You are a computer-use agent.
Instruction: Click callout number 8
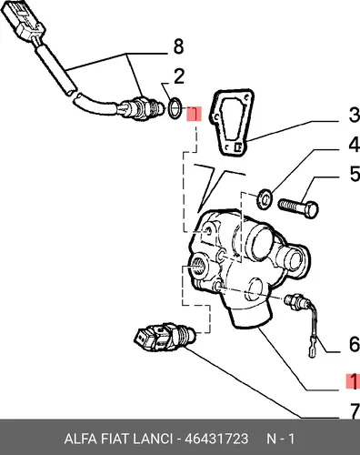[178, 47]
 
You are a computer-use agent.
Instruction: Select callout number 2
[179, 76]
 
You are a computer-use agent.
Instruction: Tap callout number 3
[354, 115]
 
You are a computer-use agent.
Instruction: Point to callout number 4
[354, 145]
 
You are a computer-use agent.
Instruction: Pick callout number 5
[355, 174]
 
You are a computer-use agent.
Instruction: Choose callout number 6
[354, 344]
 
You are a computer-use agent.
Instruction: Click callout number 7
[354, 411]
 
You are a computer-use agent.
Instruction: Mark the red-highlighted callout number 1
[353, 381]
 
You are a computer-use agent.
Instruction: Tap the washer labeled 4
[265, 198]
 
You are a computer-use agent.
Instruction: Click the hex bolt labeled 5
[298, 207]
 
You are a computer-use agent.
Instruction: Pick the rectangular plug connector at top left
[22, 21]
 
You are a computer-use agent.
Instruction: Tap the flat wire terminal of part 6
[312, 352]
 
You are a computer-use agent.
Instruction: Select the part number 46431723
[216, 439]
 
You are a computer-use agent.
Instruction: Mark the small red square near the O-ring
[194, 114]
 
